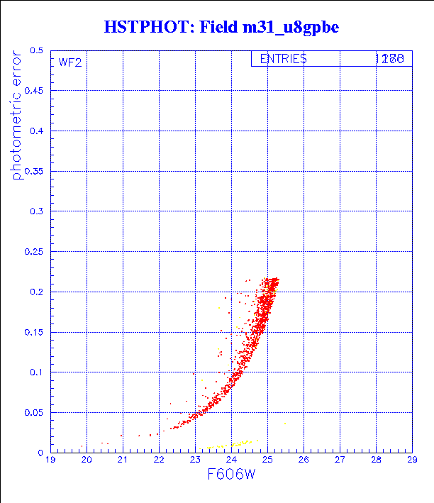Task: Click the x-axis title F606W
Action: pyautogui.click(x=231, y=477)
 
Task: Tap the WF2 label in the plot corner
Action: pyautogui.click(x=70, y=62)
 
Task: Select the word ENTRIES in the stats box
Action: pyautogui.click(x=283, y=60)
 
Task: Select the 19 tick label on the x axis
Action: pyautogui.click(x=51, y=460)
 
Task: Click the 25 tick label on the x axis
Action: pyautogui.click(x=267, y=460)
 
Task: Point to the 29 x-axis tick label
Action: pyautogui.click(x=412, y=460)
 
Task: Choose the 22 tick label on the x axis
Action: pyautogui.click(x=159, y=460)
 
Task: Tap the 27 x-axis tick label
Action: pyautogui.click(x=340, y=460)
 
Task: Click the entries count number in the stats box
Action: pyautogui.click(x=389, y=60)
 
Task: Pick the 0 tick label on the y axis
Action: pyautogui.click(x=41, y=453)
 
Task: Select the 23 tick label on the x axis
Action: pyautogui.click(x=195, y=460)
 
